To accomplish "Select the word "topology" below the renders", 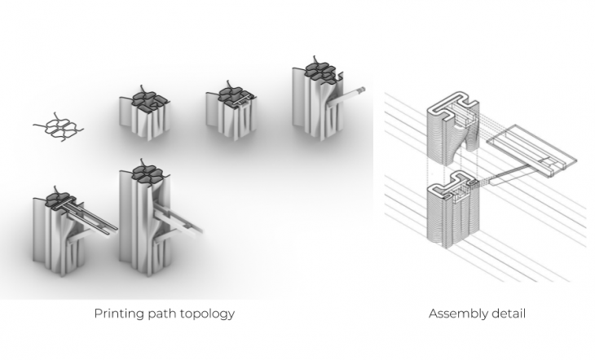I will point(206,314).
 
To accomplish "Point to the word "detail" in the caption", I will point(509,314).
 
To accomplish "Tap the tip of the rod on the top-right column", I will point(363,90).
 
